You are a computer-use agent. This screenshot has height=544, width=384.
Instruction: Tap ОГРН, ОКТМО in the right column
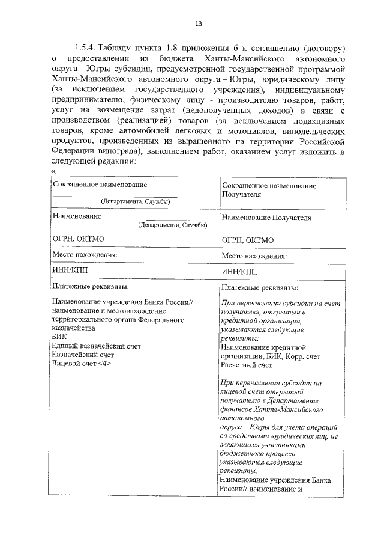point(247,240)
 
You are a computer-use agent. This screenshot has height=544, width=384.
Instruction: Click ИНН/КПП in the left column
point(70,270)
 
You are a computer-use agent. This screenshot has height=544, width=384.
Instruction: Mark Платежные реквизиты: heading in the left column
point(90,286)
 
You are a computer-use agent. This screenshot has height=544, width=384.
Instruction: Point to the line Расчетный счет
point(247,364)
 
